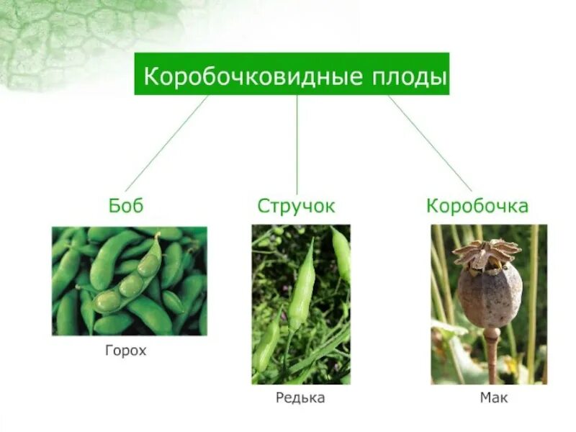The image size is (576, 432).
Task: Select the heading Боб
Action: click(126, 206)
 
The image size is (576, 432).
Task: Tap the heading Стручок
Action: click(297, 206)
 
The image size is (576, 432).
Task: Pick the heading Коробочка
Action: click(477, 206)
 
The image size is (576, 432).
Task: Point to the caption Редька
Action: click(300, 398)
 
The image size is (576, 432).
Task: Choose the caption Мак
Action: click(494, 397)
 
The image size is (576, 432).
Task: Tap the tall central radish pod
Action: click(302, 288)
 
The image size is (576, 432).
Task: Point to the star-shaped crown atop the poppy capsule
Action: click(487, 252)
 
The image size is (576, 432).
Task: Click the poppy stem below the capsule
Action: click(492, 356)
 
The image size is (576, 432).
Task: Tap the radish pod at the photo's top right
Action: click(341, 252)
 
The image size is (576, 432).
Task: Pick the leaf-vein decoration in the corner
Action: click(58, 36)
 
